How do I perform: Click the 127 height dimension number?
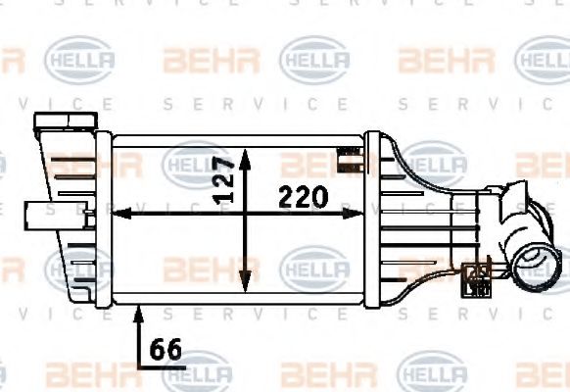[x=224, y=178]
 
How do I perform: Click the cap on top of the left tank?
[x=56, y=125]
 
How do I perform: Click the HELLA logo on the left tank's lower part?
[x=73, y=268]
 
